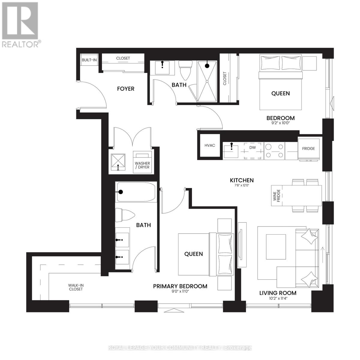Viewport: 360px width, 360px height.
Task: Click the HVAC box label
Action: click(209, 145)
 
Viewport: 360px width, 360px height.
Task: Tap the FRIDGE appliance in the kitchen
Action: click(308, 148)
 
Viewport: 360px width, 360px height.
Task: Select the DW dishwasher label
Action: click(253, 148)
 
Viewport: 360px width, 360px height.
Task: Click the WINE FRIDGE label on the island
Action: click(276, 195)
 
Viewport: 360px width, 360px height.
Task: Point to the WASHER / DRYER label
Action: click(142, 165)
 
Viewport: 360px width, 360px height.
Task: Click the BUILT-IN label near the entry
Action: click(89, 60)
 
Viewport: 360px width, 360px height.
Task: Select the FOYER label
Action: click(125, 89)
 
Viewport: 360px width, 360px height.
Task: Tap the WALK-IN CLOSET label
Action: click(75, 287)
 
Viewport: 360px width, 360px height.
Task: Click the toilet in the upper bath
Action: click(184, 69)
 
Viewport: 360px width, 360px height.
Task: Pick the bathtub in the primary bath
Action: click(136, 192)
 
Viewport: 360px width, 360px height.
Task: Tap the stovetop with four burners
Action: click(274, 151)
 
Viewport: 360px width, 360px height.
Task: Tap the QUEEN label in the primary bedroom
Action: click(193, 254)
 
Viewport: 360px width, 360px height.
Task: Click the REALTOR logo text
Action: click(20, 44)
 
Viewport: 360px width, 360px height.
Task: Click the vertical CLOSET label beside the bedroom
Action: click(225, 78)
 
